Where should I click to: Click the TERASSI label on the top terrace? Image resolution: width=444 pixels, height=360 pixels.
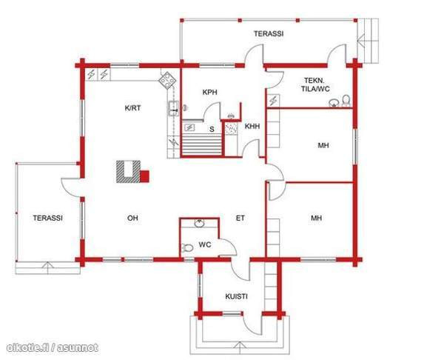point(269,34)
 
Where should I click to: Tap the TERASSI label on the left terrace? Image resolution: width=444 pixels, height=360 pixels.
point(47,219)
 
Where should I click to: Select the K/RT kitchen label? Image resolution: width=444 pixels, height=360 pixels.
point(132,108)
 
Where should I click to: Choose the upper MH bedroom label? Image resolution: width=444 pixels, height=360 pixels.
point(323,146)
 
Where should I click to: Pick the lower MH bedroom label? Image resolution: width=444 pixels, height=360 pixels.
point(316,219)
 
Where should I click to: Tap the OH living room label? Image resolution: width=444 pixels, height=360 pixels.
point(132,219)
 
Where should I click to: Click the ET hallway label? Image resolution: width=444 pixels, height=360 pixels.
point(240,219)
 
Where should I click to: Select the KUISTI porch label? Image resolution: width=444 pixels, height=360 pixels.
point(237,296)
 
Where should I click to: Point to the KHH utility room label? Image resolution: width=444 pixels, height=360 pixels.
point(252,127)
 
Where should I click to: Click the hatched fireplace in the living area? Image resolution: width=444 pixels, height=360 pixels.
point(127,172)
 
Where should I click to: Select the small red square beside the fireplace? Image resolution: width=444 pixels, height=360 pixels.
point(145,176)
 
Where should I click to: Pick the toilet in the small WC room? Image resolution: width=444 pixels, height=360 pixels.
point(188,247)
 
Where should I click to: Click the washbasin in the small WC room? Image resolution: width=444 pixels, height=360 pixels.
point(198,224)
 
